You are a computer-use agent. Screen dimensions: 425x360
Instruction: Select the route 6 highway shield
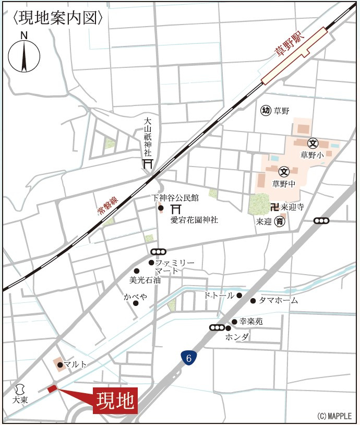[189, 358]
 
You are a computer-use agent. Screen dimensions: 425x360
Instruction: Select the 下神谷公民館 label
[175, 198]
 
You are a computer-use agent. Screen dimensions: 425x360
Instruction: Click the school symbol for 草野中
[284, 171]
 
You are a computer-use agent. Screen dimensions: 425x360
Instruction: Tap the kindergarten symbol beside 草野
[266, 110]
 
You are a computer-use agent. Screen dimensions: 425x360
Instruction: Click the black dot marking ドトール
[239, 296]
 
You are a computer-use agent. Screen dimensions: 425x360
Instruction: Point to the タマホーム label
[279, 301]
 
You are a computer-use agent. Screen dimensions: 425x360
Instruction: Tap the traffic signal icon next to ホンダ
[216, 328]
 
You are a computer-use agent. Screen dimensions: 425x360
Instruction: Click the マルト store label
[76, 364]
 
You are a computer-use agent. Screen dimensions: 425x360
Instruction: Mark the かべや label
[135, 296]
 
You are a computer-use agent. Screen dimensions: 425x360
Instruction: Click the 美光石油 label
[145, 280]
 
